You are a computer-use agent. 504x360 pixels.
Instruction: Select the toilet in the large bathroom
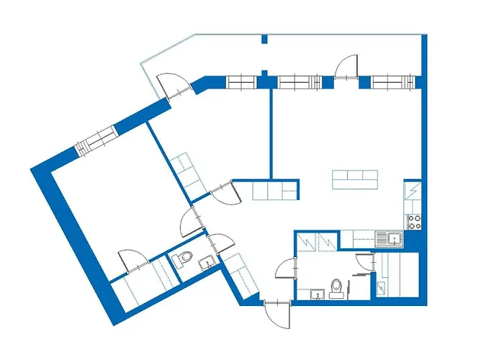pyautogui.click(x=335, y=287)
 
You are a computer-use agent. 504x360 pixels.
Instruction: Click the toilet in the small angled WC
pyautogui.click(x=185, y=258)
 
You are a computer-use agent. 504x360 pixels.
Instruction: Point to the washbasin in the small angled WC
pyautogui.click(x=207, y=264)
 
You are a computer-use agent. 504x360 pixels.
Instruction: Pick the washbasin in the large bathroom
pyautogui.click(x=316, y=294)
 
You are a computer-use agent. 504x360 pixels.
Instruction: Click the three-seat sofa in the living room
pyautogui.click(x=354, y=179)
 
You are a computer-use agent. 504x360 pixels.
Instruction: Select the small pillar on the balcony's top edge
pyautogui.click(x=264, y=39)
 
